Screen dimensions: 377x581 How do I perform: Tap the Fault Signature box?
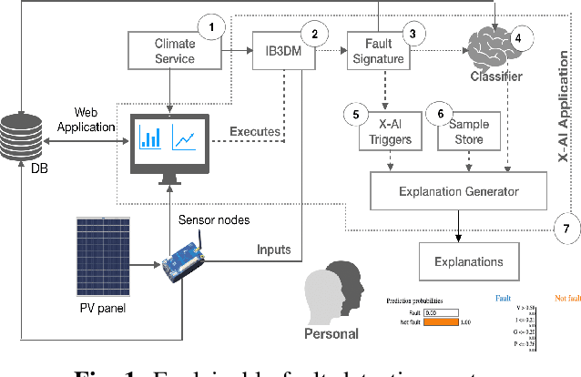pos(379,52)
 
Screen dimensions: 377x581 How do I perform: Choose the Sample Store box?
pos(470,132)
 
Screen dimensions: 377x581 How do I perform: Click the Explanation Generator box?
pos(458,190)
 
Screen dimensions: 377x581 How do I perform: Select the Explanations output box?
pos(467,261)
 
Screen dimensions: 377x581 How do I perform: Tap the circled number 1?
pos(212,26)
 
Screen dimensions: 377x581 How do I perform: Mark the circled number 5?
pos(355,114)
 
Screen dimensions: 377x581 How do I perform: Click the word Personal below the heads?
pos(330,332)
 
